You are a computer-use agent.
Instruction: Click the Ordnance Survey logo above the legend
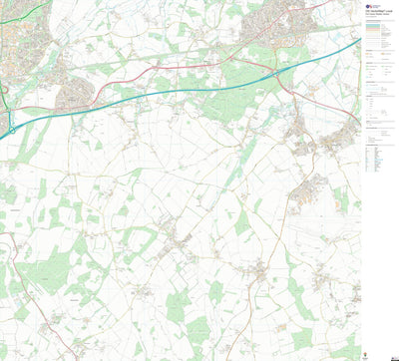coord(370,5)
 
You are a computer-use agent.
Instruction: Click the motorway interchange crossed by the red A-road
coord(275,73)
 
